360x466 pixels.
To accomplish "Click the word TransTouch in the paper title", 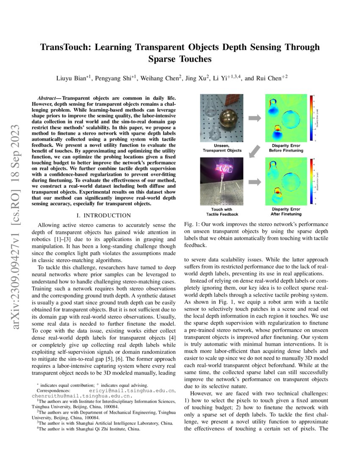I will coord(69,47).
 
